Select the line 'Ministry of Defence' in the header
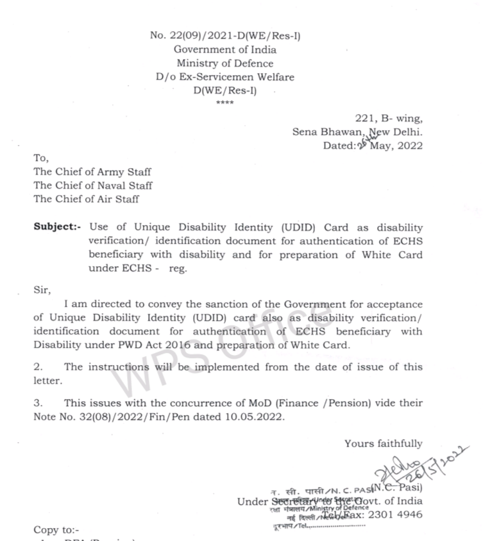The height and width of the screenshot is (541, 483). pyautogui.click(x=225, y=64)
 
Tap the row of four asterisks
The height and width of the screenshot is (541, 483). pyautogui.click(x=225, y=103)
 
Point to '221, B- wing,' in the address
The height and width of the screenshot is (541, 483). pyautogui.click(x=389, y=119)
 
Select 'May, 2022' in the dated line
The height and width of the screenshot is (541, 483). pyautogui.click(x=396, y=146)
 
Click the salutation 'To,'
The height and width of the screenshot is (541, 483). pyautogui.click(x=40, y=158)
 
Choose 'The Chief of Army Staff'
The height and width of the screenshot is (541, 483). pyautogui.click(x=92, y=172)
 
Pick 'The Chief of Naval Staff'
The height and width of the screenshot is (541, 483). pyautogui.click(x=93, y=185)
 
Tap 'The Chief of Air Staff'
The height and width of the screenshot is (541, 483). pyautogui.click(x=86, y=199)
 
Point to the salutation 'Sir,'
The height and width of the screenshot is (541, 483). pyautogui.click(x=41, y=289)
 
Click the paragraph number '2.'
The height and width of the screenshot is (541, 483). pyautogui.click(x=38, y=367)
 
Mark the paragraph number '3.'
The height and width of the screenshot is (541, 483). pyautogui.click(x=38, y=403)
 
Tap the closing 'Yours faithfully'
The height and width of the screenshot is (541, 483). pyautogui.click(x=384, y=443)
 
